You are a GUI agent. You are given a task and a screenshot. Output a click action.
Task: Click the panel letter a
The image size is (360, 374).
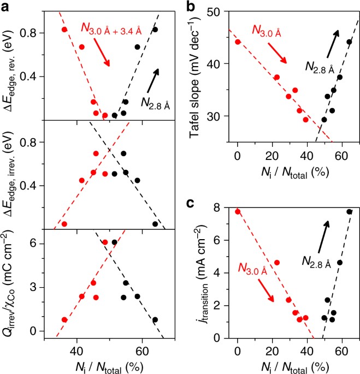pyautogui.click(x=7, y=7)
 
